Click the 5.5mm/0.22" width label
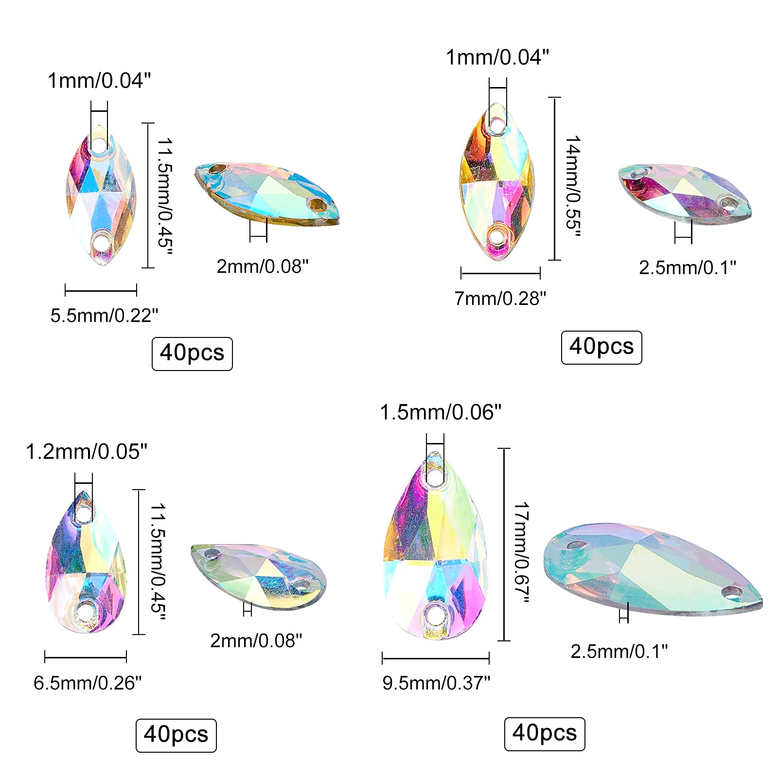(104, 316)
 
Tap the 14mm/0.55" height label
(573, 186)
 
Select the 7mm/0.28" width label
(500, 298)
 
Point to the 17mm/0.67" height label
(522, 553)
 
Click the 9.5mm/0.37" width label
(436, 683)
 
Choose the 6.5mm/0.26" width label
(88, 683)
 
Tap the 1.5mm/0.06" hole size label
(440, 412)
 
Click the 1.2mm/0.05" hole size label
(86, 452)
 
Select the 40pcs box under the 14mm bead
(601, 347)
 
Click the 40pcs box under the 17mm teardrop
(545, 734)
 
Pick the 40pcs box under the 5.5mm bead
(192, 354)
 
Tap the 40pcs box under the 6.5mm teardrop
(176, 735)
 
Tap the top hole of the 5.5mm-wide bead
(98, 144)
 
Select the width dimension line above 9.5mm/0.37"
(436, 659)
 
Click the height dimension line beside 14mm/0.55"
(554, 178)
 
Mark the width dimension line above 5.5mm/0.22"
(101, 291)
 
